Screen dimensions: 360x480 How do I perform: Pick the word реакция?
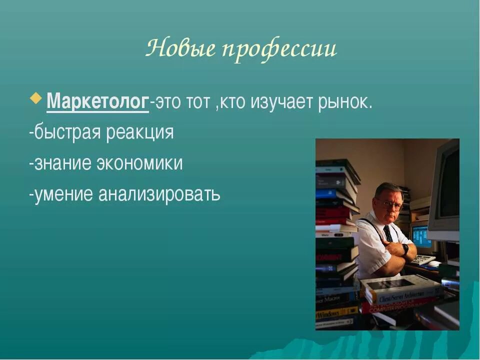point(139,133)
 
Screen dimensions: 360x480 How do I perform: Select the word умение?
point(62,193)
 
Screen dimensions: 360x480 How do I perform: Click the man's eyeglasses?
point(388,203)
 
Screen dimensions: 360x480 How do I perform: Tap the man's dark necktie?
point(388,233)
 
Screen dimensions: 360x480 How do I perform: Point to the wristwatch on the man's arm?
point(405,248)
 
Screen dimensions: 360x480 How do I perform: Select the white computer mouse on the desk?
point(433,263)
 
